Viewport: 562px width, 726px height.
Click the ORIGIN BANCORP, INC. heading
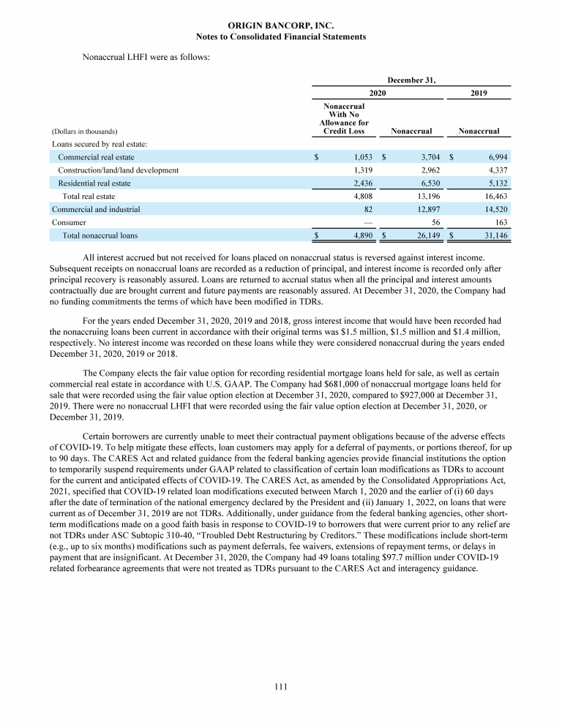tap(281, 26)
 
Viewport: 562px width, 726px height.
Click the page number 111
tap(281, 685)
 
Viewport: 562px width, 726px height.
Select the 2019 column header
tap(479, 94)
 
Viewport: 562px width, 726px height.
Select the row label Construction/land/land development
tap(119, 170)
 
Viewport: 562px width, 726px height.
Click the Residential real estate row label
tap(94, 184)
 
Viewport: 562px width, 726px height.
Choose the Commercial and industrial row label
tap(96, 209)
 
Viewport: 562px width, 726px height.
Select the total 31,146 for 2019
tap(493, 235)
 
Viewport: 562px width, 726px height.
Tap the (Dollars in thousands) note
tap(85, 132)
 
